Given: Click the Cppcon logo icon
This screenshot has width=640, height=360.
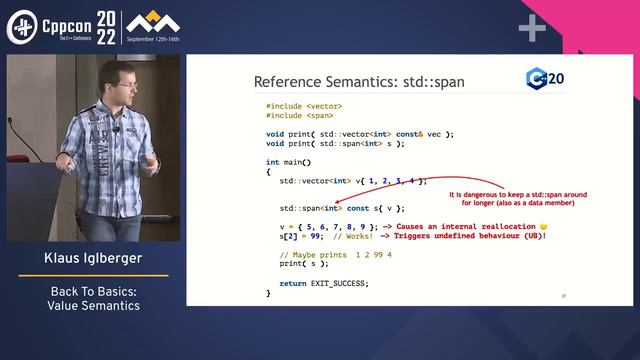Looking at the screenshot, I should point(22,27).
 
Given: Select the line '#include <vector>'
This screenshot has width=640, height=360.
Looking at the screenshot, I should point(304,106).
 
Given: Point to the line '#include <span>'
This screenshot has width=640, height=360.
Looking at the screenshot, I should point(299,116).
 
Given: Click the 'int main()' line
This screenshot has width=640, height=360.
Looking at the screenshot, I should point(289,162).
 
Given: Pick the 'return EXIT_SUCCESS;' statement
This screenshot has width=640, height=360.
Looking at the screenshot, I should point(324,283).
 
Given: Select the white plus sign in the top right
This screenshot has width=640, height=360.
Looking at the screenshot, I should point(531,28).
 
